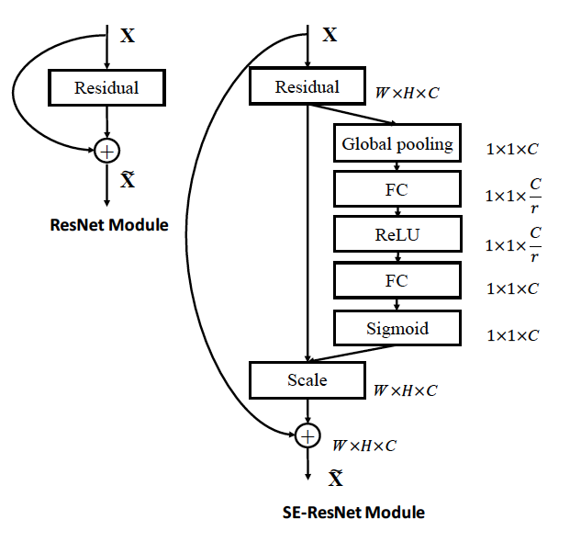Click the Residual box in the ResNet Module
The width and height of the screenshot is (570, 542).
pyautogui.click(x=106, y=87)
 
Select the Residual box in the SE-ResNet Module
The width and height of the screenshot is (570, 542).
pyautogui.click(x=307, y=85)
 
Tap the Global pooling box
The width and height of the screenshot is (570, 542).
pyautogui.click(x=397, y=143)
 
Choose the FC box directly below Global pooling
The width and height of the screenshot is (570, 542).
pyautogui.click(x=397, y=189)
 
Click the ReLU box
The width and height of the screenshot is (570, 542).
pyautogui.click(x=397, y=234)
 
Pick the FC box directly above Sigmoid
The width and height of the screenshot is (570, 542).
pyautogui.click(x=397, y=280)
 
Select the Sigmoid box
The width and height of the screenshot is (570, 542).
pyautogui.click(x=397, y=328)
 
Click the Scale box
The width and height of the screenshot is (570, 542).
pyautogui.click(x=307, y=380)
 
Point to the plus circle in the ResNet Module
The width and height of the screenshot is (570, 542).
pyautogui.click(x=106, y=151)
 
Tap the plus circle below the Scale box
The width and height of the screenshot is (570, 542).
pyautogui.click(x=307, y=435)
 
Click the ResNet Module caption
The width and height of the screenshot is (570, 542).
pyautogui.click(x=109, y=225)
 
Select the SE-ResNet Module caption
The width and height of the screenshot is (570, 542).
pyautogui.click(x=353, y=513)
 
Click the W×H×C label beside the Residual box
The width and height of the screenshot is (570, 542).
pyautogui.click(x=408, y=93)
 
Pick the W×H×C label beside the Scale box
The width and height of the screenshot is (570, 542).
pyautogui.click(x=406, y=390)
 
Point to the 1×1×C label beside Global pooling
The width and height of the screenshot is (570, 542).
pyautogui.click(x=512, y=149)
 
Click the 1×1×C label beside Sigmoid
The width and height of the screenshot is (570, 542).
pyautogui.click(x=512, y=335)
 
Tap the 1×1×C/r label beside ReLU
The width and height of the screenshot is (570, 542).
pyautogui.click(x=513, y=244)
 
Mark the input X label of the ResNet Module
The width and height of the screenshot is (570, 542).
pyautogui.click(x=128, y=36)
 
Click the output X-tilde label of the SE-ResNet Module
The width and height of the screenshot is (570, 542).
pyautogui.click(x=336, y=478)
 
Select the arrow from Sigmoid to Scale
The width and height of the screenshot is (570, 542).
pyautogui.click(x=352, y=353)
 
